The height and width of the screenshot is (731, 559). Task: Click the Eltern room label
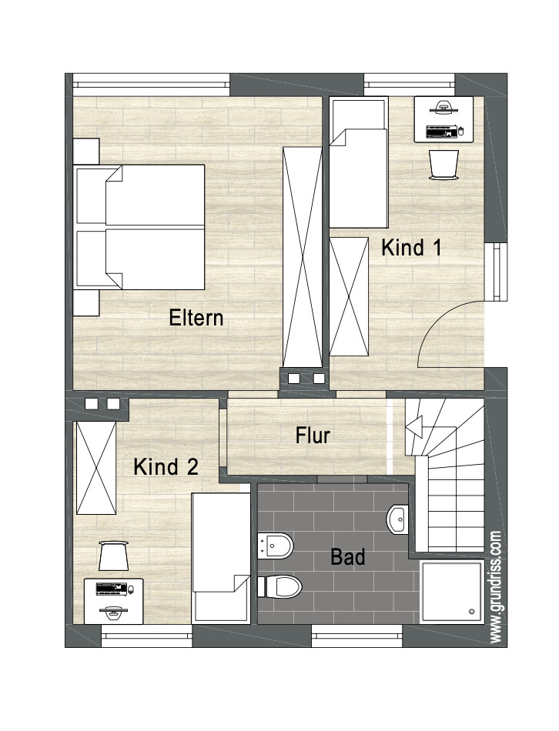tap(196, 317)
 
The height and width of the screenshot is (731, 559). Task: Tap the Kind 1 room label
tap(412, 248)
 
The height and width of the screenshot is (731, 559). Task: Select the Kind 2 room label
tap(166, 466)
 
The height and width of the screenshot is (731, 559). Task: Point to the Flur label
tap(313, 436)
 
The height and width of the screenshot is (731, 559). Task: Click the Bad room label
tap(347, 556)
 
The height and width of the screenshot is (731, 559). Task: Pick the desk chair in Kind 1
tap(444, 164)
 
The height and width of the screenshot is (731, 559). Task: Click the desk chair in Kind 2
tap(115, 555)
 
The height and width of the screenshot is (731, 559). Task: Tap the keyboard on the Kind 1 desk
tap(437, 131)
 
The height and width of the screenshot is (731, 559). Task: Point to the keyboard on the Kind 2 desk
tap(111, 589)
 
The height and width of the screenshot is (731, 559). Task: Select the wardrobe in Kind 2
tap(95, 467)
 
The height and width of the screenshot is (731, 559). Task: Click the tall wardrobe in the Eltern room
tap(302, 256)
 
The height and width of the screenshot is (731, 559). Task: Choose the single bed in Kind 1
tap(358, 163)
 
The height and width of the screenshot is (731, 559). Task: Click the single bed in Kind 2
tap(221, 556)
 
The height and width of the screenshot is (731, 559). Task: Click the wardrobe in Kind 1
tap(350, 296)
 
